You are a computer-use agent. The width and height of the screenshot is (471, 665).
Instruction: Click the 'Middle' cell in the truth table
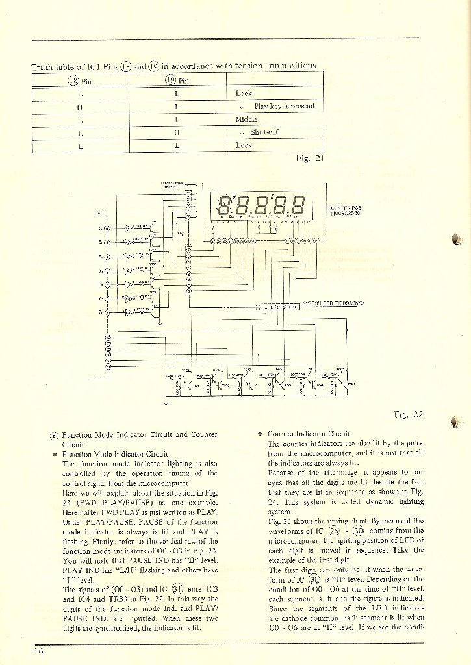(246, 119)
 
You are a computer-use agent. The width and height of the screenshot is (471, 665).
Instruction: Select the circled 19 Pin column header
(177, 81)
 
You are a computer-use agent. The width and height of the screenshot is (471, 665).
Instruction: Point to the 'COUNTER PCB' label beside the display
(344, 208)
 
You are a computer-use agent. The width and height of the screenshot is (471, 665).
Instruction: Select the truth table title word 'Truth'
(42, 66)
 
